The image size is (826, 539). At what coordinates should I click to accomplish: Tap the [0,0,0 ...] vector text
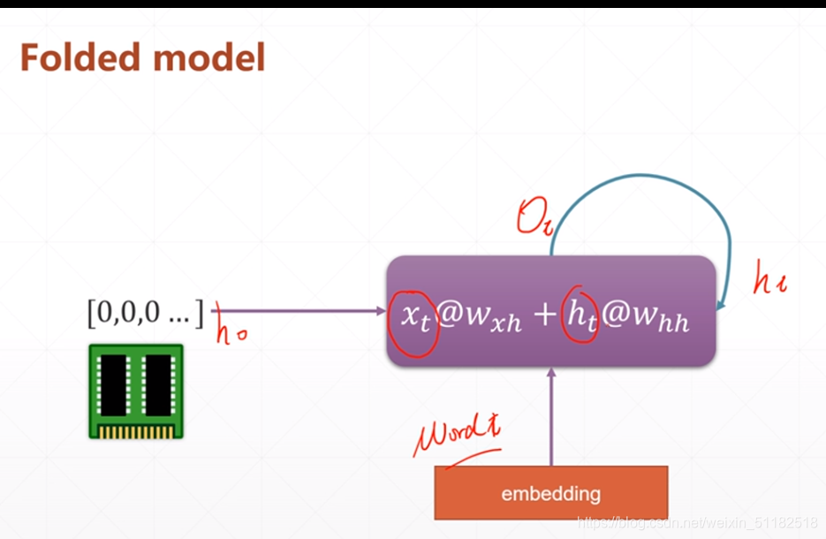pyautogui.click(x=145, y=313)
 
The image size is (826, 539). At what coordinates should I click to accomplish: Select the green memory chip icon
pyautogui.click(x=135, y=391)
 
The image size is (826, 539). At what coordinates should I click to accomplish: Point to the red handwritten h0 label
pyautogui.click(x=231, y=335)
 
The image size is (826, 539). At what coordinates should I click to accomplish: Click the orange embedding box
pyautogui.click(x=550, y=493)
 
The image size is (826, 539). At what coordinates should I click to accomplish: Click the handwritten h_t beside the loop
pyautogui.click(x=769, y=282)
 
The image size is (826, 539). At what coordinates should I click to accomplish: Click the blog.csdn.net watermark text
pyautogui.click(x=698, y=523)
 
